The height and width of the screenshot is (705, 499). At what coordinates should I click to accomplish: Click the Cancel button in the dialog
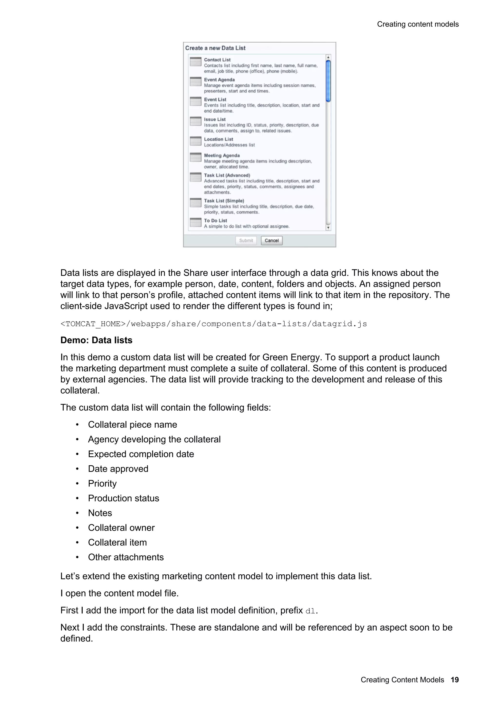271,240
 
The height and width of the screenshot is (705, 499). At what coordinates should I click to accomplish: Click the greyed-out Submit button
246,240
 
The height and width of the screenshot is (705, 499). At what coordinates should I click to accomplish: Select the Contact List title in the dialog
217,60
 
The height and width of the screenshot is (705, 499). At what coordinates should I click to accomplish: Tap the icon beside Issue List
196,121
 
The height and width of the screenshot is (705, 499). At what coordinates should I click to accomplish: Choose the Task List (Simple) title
224,201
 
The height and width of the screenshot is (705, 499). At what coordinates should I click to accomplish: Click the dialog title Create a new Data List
215,48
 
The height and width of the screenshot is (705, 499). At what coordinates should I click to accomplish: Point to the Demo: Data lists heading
96,340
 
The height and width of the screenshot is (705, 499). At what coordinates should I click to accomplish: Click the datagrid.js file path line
214,324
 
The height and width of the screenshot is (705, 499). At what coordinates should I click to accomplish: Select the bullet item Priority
102,484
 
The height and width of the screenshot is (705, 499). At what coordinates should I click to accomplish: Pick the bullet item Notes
100,513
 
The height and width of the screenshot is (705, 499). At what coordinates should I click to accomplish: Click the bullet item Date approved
118,469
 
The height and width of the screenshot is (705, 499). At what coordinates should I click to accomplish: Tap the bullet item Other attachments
126,557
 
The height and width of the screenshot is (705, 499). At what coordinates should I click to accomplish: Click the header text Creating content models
418,24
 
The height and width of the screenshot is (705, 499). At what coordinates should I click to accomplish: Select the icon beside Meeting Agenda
196,157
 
